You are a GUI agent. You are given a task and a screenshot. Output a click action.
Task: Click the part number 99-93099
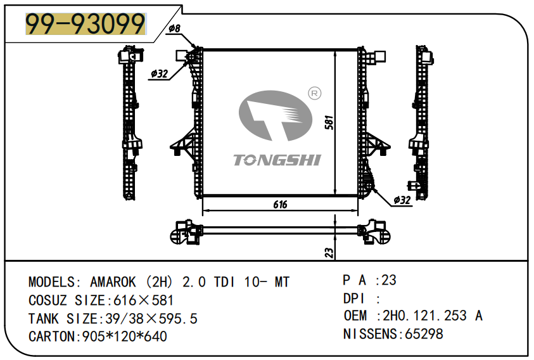[x=85, y=25]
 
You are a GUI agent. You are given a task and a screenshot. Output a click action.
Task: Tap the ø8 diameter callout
[x=174, y=29]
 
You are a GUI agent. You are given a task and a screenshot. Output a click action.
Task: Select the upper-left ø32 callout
[x=159, y=74]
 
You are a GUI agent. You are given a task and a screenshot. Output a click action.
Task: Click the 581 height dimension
[x=329, y=122]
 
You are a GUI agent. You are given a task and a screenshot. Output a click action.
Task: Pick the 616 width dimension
[x=280, y=204]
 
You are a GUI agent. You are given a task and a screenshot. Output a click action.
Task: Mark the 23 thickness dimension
[x=329, y=252]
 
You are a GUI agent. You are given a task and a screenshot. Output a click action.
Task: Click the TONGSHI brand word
[x=277, y=160]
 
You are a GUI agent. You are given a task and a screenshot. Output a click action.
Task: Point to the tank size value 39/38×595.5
[x=149, y=318]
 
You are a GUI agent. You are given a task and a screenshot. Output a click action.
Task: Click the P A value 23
[x=389, y=280]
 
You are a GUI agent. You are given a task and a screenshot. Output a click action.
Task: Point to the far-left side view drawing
[x=131, y=124]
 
